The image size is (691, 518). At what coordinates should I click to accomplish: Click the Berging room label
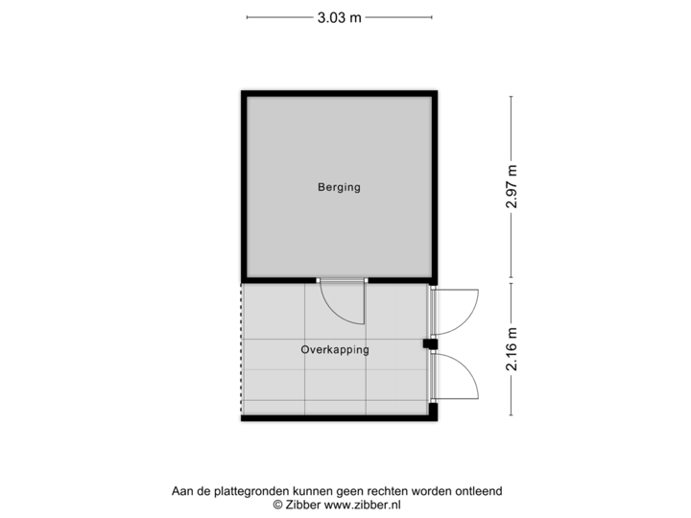[339, 187]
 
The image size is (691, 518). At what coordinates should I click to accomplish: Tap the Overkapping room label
[335, 350]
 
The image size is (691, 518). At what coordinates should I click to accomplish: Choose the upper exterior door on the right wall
[460, 311]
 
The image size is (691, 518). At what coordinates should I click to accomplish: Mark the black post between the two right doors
[430, 342]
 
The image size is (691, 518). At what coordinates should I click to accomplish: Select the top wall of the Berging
[339, 91]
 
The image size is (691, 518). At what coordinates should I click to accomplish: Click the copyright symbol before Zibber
[277, 503]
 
